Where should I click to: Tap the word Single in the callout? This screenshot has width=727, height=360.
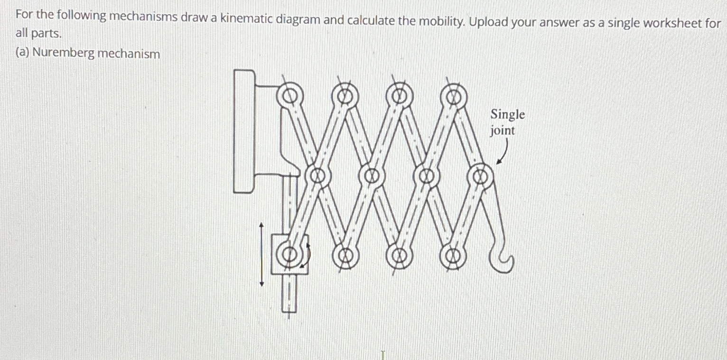pos(507,114)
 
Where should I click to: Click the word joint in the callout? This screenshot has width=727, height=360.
pos(502,130)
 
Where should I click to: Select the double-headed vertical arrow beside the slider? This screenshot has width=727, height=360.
pos(261,254)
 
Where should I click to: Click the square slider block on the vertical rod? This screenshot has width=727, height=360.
pos(289,254)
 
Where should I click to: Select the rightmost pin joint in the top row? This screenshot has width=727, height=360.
pos(453,96)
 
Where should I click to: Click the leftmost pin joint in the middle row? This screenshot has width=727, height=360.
pos(317,176)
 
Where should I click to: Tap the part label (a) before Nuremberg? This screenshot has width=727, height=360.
pos(22,53)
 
